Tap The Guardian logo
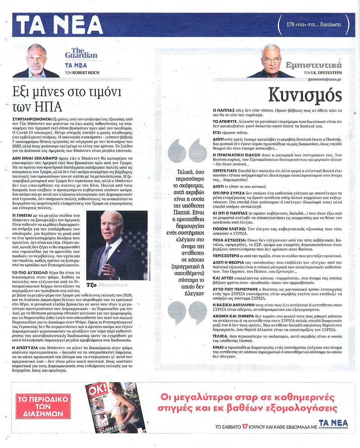(81, 53)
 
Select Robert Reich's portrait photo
(36, 61)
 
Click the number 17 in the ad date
(245, 426)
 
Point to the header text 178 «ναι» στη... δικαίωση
(313, 24)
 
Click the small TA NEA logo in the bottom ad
(333, 424)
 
